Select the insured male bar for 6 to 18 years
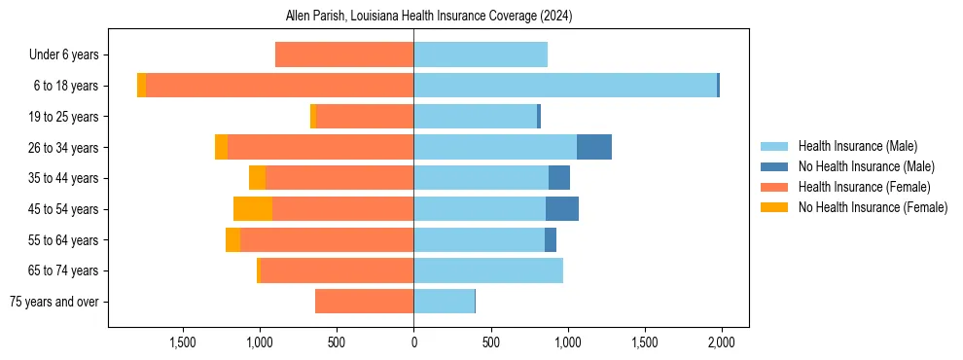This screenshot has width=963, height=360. tap(565, 86)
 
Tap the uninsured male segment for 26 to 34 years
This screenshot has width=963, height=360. tap(594, 147)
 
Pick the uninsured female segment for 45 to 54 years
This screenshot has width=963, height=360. tap(253, 208)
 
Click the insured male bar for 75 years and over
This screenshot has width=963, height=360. tap(444, 302)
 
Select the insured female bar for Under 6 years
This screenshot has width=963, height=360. tap(344, 54)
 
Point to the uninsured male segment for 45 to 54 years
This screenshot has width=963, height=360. tap(562, 208)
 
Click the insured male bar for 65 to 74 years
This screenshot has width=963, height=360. tap(488, 270)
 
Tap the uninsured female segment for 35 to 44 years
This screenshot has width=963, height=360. tap(257, 178)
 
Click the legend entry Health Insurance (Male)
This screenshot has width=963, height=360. tap(857, 146)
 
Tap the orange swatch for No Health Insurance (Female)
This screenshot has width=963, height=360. tap(774, 207)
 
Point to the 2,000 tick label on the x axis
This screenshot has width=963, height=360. tap(721, 342)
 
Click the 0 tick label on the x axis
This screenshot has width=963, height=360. tap(413, 342)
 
